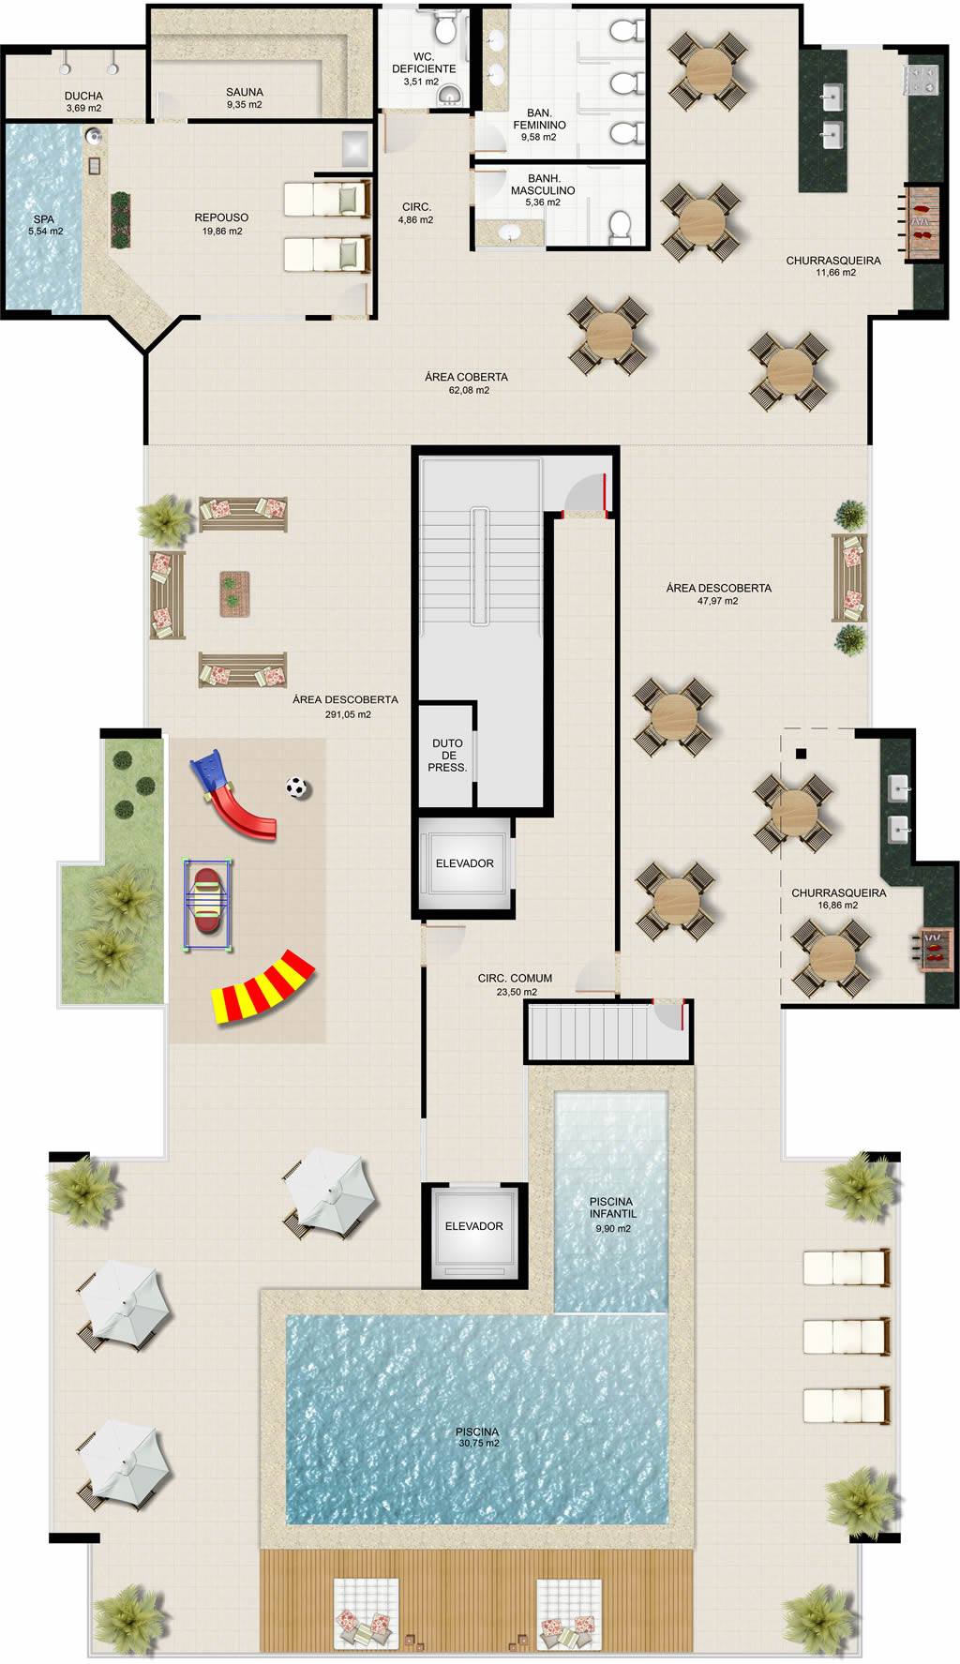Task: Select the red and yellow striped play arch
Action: click(x=263, y=987)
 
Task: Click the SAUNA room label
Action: click(x=244, y=92)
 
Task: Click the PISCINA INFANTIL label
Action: click(x=611, y=1207)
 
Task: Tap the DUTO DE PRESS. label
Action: click(x=447, y=755)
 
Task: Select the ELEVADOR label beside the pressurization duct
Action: click(x=464, y=863)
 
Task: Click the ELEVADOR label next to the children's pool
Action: click(x=473, y=1226)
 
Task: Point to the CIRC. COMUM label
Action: click(x=515, y=978)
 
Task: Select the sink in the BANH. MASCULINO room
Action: click(x=511, y=232)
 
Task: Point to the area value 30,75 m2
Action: click(x=479, y=1444)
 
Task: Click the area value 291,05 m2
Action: click(x=344, y=714)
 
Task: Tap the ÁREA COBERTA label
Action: click(x=466, y=377)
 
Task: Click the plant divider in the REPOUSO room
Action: click(x=121, y=220)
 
